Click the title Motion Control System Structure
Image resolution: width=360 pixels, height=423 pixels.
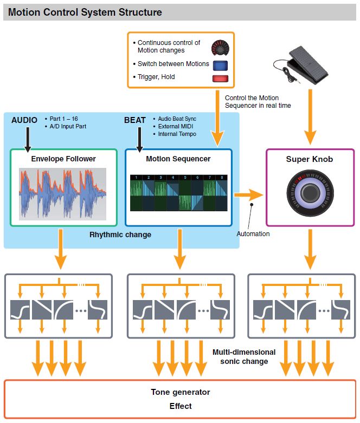[85, 11]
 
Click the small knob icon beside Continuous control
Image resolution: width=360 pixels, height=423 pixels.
[220, 48]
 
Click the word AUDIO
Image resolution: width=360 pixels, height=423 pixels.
[24, 120]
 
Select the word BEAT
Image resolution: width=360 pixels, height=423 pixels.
[136, 120]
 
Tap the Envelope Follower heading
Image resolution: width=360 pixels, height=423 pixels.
[63, 159]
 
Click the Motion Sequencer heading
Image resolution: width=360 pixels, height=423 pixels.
[178, 159]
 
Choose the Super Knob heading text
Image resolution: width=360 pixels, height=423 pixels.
[310, 159]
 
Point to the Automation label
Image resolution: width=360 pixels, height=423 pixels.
[253, 234]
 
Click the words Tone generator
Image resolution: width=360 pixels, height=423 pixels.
[180, 392]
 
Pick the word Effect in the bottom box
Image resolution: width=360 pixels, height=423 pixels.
[180, 406]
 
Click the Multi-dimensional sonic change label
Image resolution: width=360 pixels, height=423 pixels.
[243, 356]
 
